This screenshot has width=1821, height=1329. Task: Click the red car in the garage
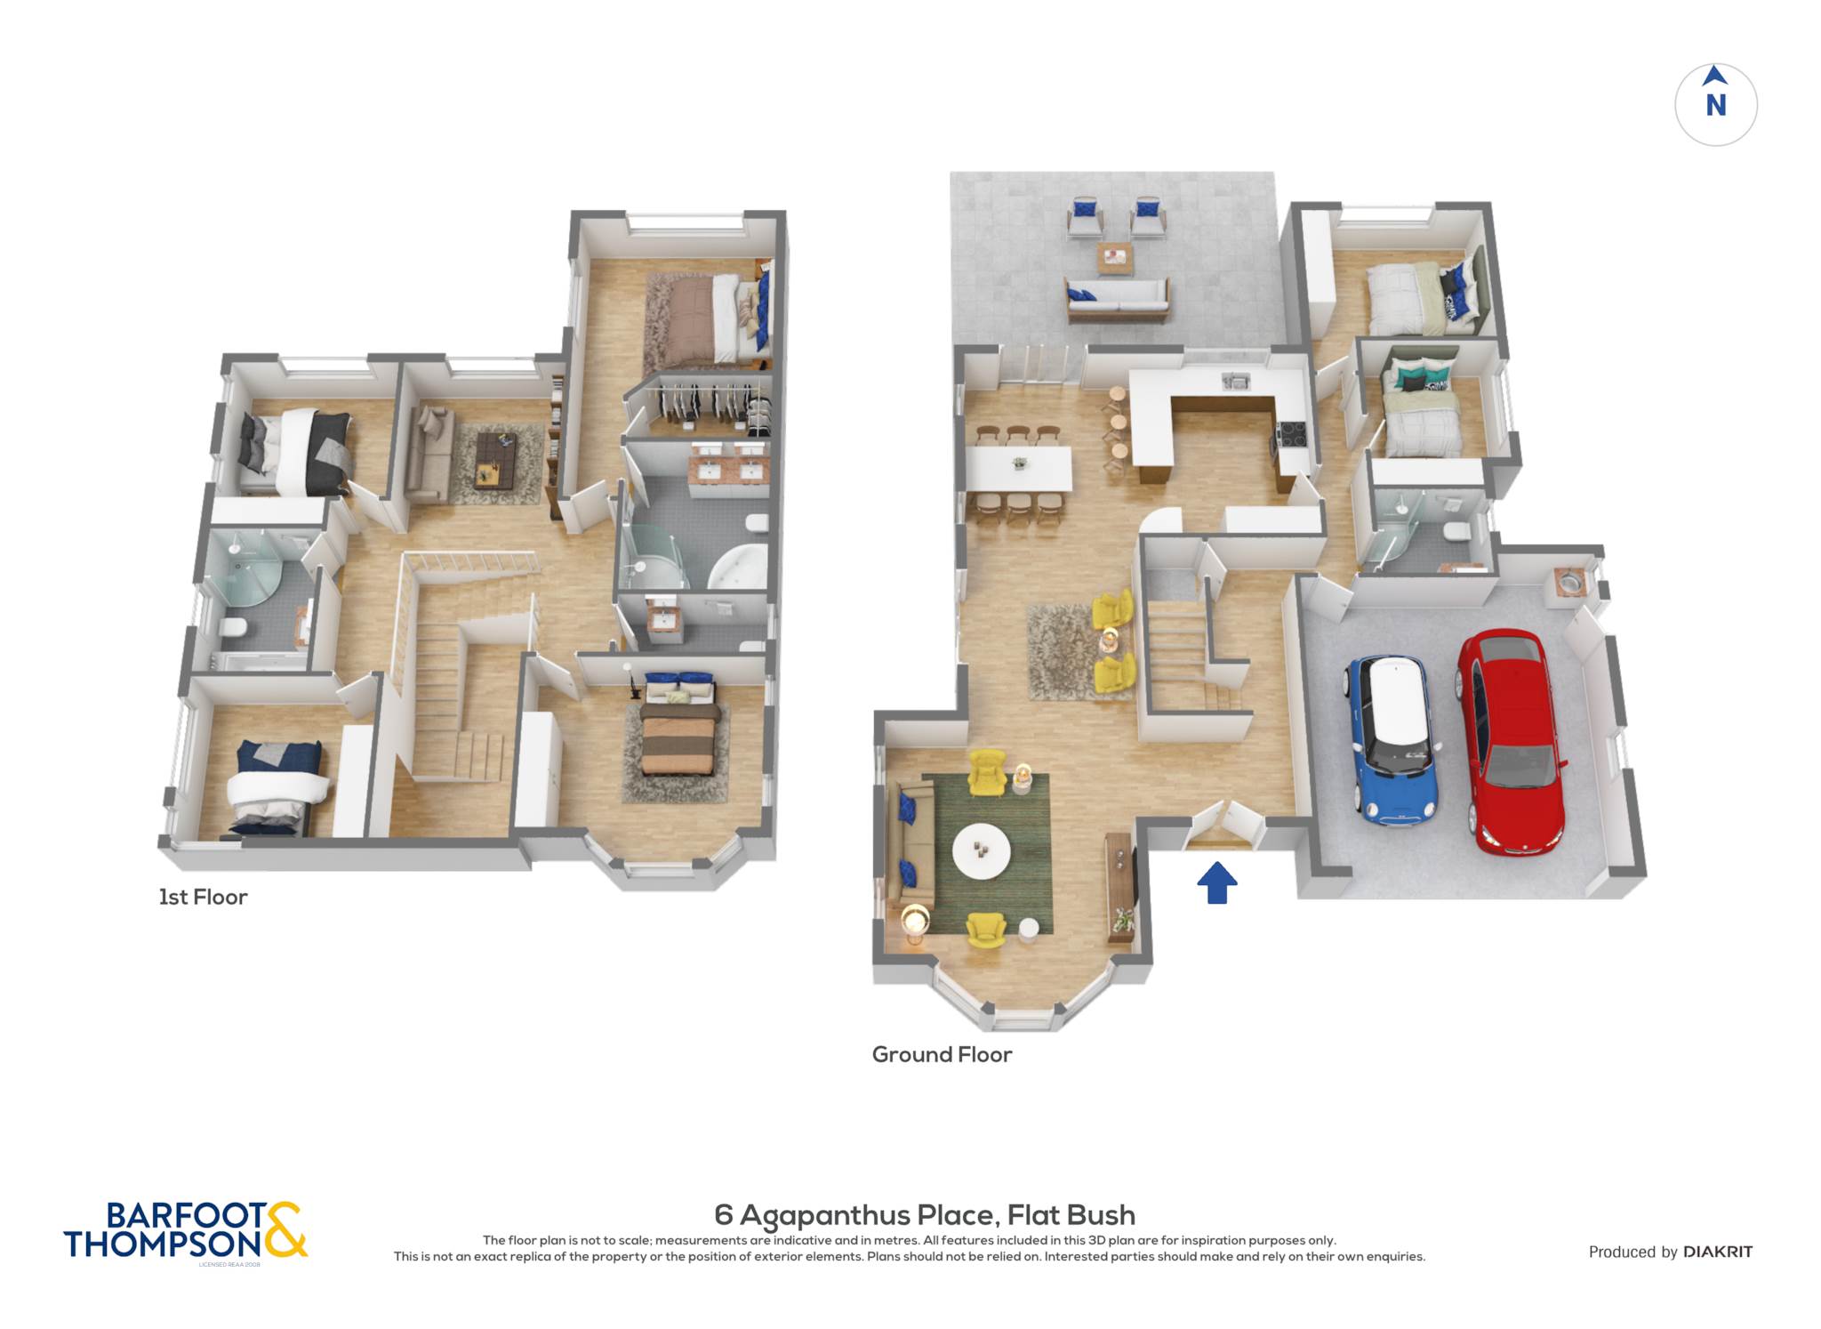coord(1511,740)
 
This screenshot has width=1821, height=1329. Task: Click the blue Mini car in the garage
coord(1392,738)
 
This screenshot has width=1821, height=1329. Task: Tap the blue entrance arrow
coord(1216,882)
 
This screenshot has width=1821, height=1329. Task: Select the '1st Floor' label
coord(203,897)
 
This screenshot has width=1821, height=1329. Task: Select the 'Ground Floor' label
coord(942,1054)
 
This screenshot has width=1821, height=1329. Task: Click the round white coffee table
coord(981,851)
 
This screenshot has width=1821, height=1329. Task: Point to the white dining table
coord(1019,468)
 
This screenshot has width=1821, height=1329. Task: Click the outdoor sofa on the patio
coord(1117,299)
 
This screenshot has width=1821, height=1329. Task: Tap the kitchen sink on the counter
coord(1235,382)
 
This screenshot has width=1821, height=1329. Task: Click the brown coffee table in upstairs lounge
coord(494,459)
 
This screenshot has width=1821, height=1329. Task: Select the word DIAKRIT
coord(1718,1252)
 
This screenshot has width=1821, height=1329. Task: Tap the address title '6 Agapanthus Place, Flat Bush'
coord(925,1215)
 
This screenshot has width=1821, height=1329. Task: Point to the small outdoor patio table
coord(1114,259)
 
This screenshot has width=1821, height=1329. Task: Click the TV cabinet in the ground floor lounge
coord(1120,887)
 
